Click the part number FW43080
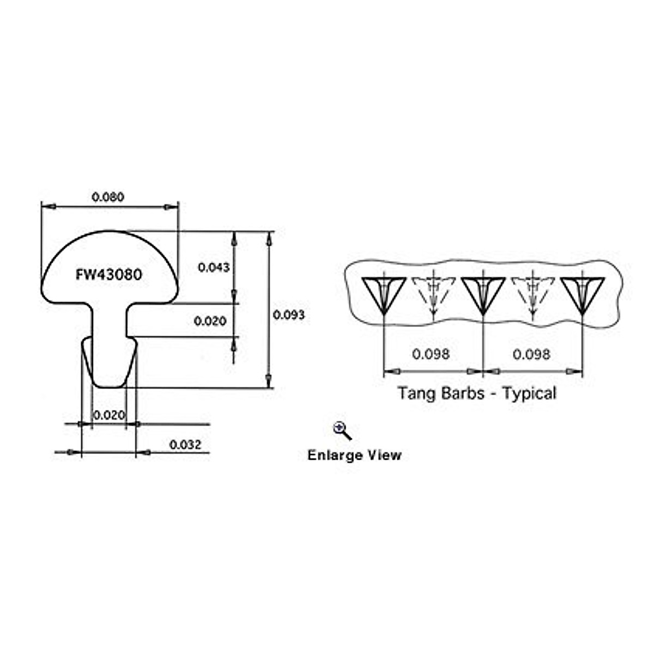(108, 274)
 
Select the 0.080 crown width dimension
(108, 197)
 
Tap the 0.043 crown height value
(214, 267)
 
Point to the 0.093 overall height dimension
(289, 314)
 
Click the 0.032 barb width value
(185, 445)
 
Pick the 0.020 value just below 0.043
(210, 321)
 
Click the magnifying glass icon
(342, 431)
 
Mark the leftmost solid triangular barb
(384, 294)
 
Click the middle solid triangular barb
(483, 294)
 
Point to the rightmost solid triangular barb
(583, 294)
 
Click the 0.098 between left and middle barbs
(431, 354)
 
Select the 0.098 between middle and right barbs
(531, 354)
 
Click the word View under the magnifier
(385, 455)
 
